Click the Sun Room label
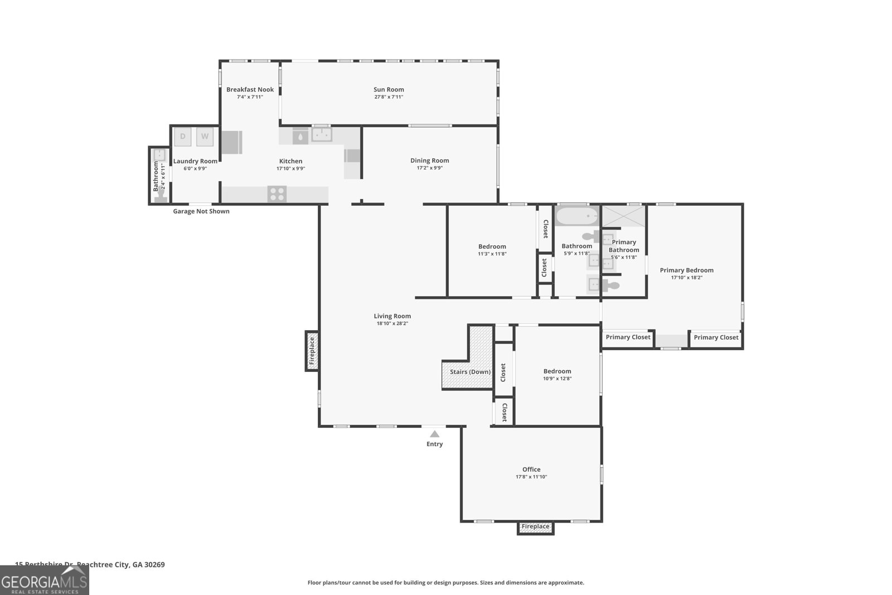(389, 89)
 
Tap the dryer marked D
(183, 137)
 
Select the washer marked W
(205, 137)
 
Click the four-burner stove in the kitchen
(277, 194)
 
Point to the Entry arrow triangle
(434, 434)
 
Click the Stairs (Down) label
(470, 372)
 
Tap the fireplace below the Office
(535, 527)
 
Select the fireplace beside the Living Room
(312, 351)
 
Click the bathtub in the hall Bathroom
(576, 215)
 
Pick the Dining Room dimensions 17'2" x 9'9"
(429, 168)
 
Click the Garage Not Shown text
(201, 211)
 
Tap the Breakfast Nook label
(250, 89)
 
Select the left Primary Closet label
(628, 337)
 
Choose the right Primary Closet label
(716, 337)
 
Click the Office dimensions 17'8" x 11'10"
(531, 477)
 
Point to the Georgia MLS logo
(44, 581)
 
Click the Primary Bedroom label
(686, 270)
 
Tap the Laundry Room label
(195, 161)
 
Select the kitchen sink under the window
(322, 135)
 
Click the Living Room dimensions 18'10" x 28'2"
(392, 323)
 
